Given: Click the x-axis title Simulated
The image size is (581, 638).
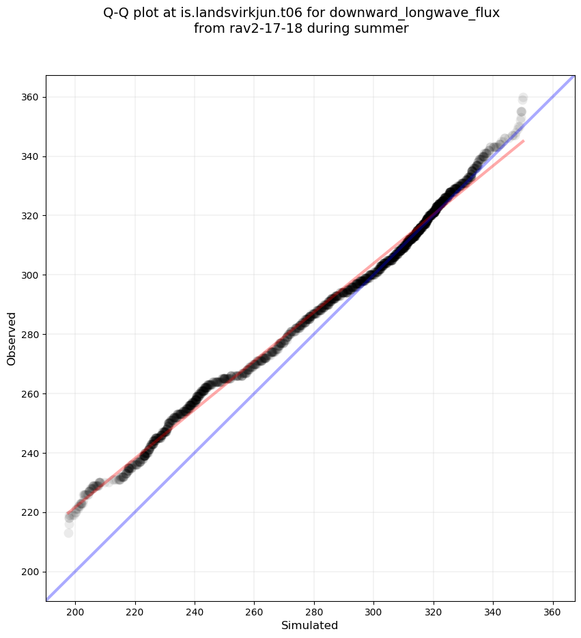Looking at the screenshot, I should pos(310,625).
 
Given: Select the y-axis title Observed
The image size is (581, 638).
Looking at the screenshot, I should pos(12,339).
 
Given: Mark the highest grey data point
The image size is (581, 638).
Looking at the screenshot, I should pos(523,98).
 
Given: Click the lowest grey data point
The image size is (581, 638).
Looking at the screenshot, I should pos(68,533).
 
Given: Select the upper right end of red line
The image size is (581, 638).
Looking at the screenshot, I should pos(524,141).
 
